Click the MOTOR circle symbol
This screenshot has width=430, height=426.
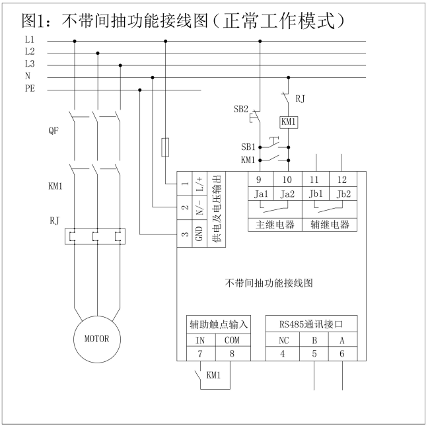(x=96, y=339)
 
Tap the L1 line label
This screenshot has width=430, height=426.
(x=30, y=41)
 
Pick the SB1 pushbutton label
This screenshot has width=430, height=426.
(x=247, y=147)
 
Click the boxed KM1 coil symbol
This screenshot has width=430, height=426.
(x=289, y=122)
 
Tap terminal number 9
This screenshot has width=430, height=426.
(x=260, y=179)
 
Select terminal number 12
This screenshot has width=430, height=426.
(x=341, y=179)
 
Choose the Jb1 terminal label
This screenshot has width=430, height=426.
(x=314, y=194)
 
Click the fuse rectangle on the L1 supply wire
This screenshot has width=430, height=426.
(x=165, y=147)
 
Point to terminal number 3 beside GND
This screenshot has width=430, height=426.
(x=186, y=233)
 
